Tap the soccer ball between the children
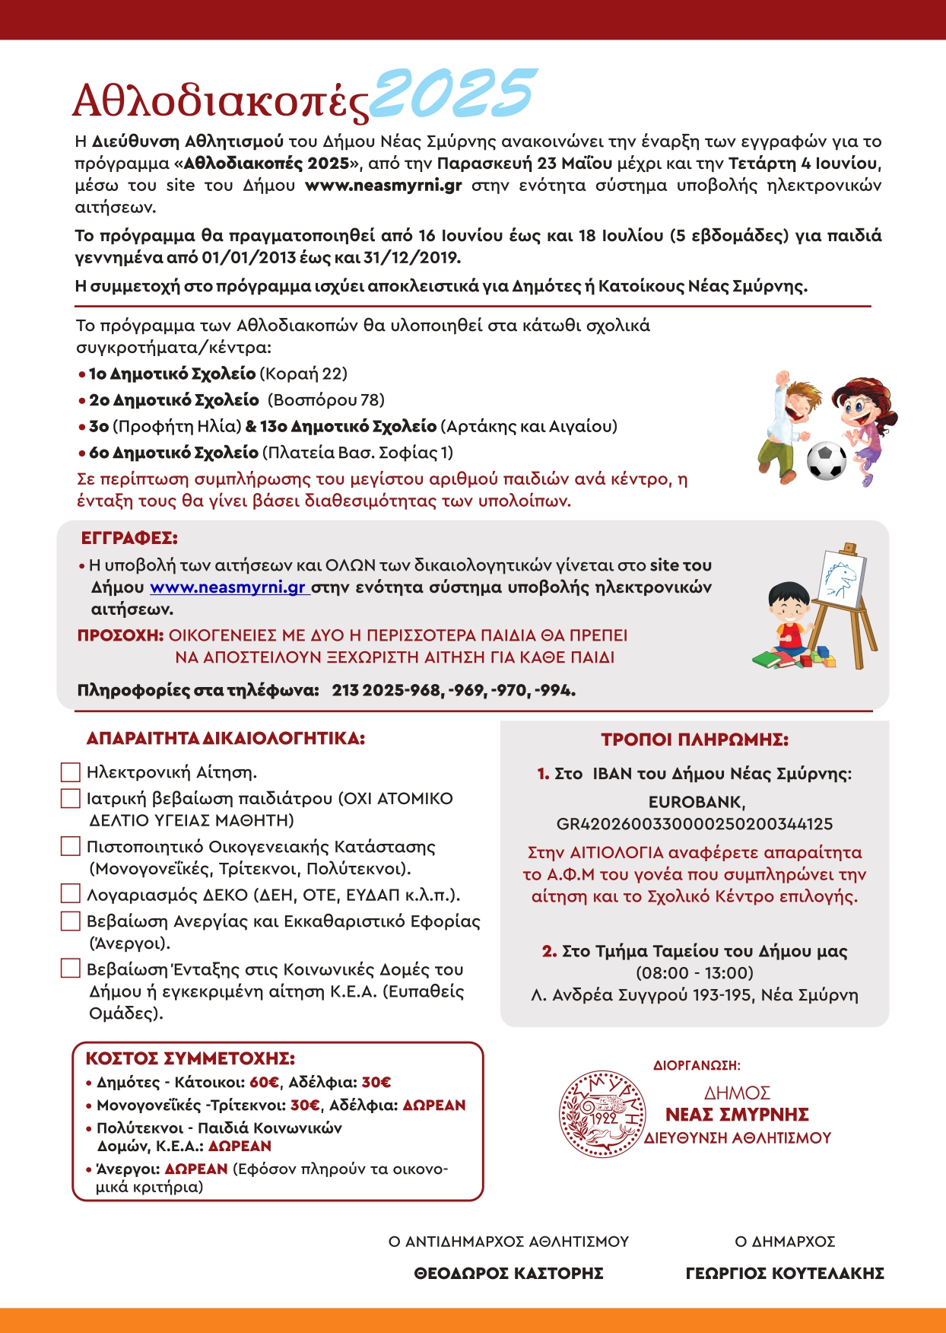point(826,460)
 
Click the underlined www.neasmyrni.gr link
point(228,587)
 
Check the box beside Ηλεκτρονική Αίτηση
point(70,772)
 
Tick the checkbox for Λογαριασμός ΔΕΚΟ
point(70,894)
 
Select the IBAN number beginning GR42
point(694,824)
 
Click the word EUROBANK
point(696,802)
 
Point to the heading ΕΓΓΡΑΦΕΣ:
point(129,538)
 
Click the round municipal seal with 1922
point(602,1114)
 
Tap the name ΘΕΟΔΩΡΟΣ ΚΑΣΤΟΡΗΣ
point(509,1273)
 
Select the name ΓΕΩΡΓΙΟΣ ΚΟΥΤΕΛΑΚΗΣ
point(785,1273)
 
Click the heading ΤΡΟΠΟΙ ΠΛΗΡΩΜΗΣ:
point(694,740)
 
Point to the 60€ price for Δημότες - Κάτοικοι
point(264,1082)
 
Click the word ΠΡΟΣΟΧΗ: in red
point(120,635)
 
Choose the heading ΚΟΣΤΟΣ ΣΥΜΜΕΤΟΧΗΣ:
point(190,1058)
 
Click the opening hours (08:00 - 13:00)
point(694,972)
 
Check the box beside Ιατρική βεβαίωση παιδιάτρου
point(70,798)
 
